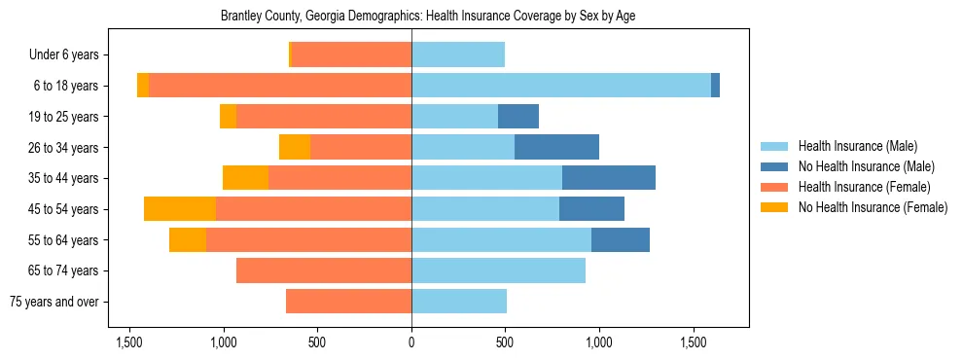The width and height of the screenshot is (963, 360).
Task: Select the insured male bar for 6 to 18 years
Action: click(561, 86)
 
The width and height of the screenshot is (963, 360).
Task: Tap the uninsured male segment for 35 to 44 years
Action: click(609, 178)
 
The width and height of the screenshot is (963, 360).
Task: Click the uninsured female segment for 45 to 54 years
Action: click(180, 209)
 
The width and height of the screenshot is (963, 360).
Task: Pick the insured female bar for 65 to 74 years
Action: click(324, 270)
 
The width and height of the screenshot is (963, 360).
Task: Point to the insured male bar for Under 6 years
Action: click(458, 54)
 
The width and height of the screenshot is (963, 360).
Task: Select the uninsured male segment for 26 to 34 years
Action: click(556, 147)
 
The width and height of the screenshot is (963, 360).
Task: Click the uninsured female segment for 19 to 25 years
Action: click(229, 117)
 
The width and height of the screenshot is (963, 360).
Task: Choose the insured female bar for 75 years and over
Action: click(348, 302)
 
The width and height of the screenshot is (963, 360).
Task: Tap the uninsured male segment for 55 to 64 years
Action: click(621, 240)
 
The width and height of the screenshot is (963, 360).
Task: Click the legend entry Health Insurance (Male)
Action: click(857, 146)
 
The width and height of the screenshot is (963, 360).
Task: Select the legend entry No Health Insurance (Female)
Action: click(873, 207)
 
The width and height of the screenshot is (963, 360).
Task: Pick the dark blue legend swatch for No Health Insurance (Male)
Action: click(775, 166)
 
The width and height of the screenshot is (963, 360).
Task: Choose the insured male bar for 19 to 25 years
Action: click(454, 117)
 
